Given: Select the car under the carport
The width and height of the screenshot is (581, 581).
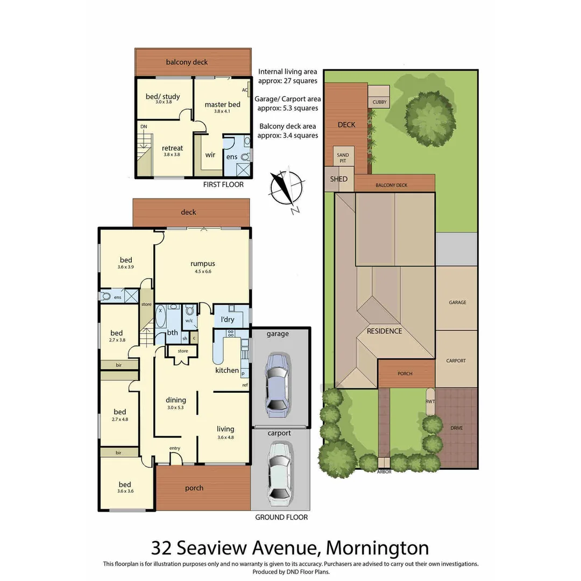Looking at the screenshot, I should point(279,472).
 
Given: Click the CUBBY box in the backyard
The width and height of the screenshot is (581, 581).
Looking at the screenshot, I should point(379,102).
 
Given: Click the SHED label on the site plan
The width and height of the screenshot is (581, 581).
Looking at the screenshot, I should point(339,179).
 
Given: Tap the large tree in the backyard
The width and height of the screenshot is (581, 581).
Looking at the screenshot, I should point(429,119).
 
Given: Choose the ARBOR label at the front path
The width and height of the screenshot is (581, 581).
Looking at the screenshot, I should point(384,472).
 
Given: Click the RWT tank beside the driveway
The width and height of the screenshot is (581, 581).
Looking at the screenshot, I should point(430,402).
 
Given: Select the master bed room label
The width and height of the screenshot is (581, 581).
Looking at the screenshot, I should point(222,104).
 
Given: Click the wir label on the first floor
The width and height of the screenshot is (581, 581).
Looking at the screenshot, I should point(210,154).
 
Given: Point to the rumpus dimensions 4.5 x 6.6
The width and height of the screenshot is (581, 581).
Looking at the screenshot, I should point(202,272).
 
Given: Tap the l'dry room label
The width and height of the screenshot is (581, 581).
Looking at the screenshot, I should point(228,320).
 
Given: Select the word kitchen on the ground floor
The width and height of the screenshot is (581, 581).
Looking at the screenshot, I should point(227,370).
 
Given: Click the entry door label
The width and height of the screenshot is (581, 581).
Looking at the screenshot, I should point(175,448).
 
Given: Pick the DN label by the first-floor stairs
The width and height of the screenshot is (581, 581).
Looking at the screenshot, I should point(144,126).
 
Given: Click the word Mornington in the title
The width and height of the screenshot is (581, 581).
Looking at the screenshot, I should point(378,548).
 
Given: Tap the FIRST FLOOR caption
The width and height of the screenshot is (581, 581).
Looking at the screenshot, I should point(223,185).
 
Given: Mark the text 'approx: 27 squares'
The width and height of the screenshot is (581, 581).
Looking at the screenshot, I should point(287,81).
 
